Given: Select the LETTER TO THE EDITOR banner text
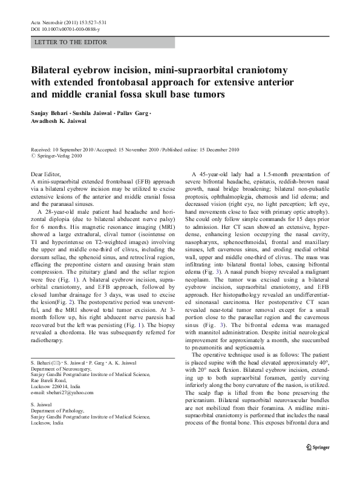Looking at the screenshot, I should [71, 43].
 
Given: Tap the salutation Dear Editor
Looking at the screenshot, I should [48, 174].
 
